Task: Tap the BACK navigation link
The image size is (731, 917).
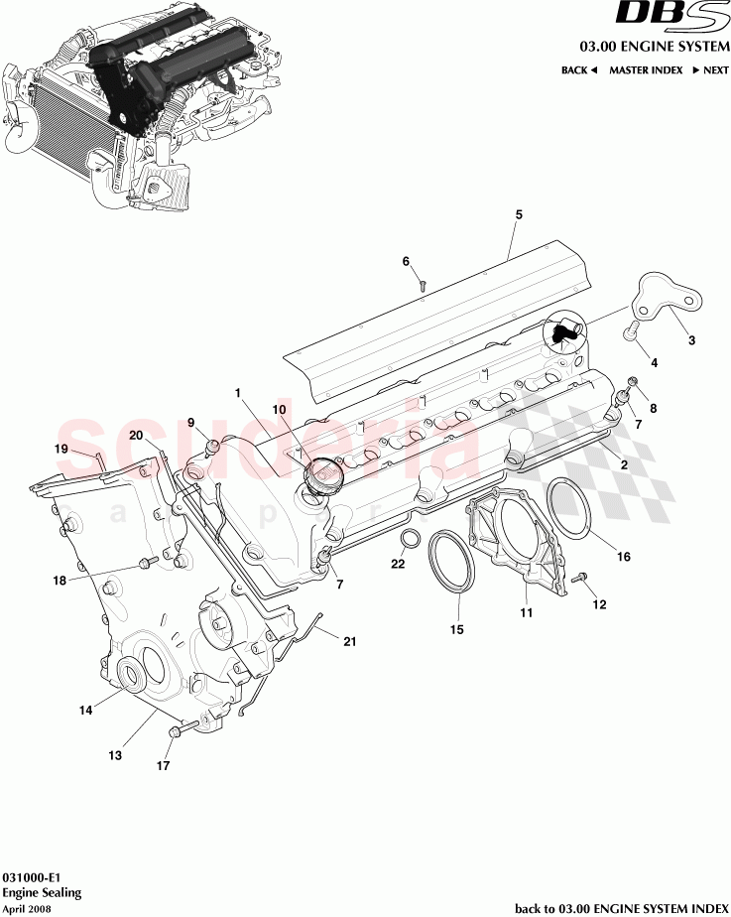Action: point(579,70)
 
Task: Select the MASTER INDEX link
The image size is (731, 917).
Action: point(646,70)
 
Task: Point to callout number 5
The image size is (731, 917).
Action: point(518,214)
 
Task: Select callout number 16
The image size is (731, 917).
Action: point(624,557)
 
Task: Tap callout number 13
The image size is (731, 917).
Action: point(115,755)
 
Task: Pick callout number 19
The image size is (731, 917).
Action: point(61,449)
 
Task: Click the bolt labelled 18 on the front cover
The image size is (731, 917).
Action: point(147,564)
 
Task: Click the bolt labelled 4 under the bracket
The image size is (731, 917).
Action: point(629,334)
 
